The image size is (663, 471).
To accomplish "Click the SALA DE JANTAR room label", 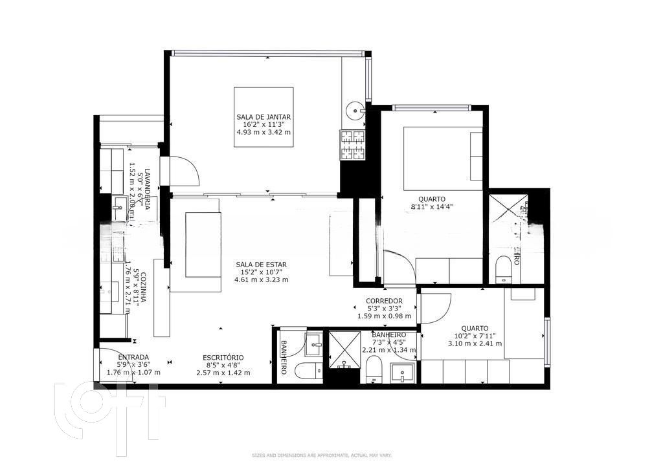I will [x=263, y=117].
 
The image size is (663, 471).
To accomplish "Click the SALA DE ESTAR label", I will [x=261, y=264].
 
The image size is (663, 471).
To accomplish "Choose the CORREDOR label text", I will [x=384, y=301].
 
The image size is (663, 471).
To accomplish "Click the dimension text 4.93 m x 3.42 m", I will [x=263, y=133].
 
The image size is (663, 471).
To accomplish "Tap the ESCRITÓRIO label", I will [x=223, y=357].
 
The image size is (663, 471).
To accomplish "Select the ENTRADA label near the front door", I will [x=133, y=357].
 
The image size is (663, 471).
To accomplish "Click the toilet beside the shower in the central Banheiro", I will [x=374, y=370].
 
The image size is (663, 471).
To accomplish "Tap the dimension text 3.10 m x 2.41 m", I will [x=475, y=344].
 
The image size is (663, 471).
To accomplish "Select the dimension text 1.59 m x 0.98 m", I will [x=384, y=316].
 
